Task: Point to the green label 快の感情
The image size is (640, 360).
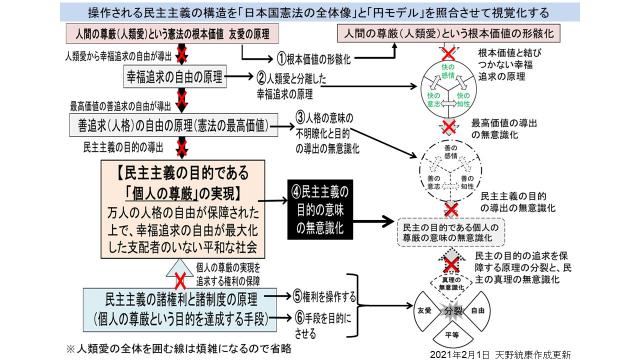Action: click(449, 66)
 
